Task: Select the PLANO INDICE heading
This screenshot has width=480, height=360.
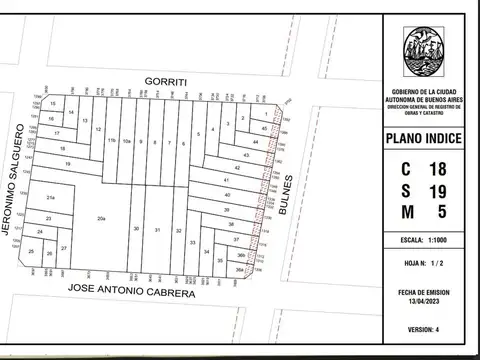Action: click(x=423, y=138)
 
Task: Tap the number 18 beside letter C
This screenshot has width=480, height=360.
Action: click(x=437, y=169)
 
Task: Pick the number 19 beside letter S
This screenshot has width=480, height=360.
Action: click(x=437, y=190)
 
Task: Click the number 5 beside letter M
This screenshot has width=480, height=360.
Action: click(x=441, y=211)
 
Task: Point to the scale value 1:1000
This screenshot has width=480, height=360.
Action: click(x=423, y=241)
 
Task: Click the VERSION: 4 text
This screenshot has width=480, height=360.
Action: click(x=423, y=329)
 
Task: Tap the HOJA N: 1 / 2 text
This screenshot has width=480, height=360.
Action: click(x=423, y=263)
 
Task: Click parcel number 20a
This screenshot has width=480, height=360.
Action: click(x=101, y=217)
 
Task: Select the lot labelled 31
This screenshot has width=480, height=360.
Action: click(x=157, y=230)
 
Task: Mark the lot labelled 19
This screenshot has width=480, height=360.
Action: click(x=67, y=162)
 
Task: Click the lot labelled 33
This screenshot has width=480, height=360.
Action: click(x=192, y=242)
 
